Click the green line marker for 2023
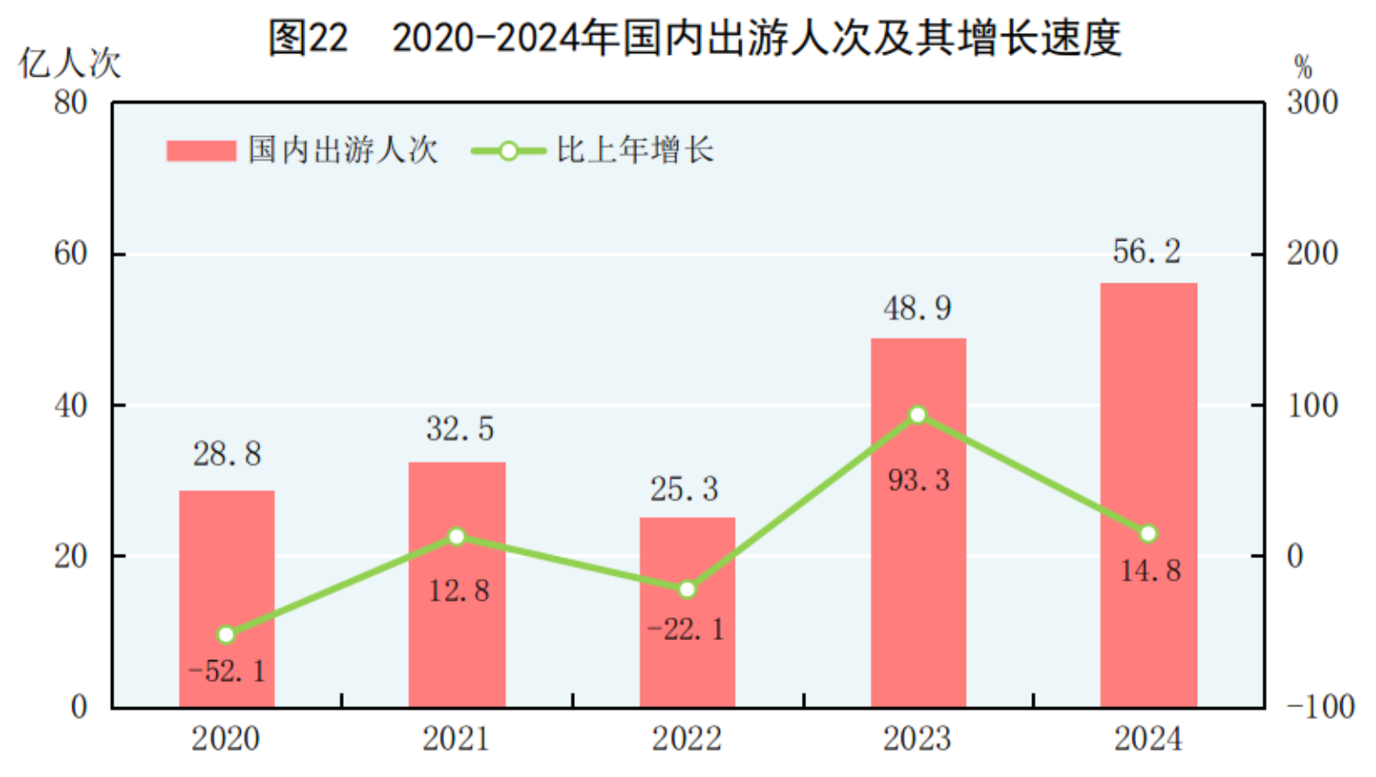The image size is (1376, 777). [x=917, y=415]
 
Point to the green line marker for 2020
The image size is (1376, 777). [x=226, y=635]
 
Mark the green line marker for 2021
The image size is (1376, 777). [x=456, y=536]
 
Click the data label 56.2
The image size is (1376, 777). [x=1147, y=252]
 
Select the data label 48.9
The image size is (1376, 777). [x=917, y=308]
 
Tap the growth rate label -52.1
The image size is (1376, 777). [x=227, y=671]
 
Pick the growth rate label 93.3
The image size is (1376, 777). [x=919, y=480]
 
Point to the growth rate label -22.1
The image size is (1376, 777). [x=686, y=629]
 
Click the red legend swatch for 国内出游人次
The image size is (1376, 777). [x=201, y=151]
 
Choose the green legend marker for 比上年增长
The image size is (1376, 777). [x=508, y=151]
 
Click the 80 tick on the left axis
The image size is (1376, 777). [x=71, y=103]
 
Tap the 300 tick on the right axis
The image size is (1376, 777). [x=1311, y=103]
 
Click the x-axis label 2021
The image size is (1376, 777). [x=456, y=739]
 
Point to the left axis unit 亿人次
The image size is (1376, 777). [x=70, y=64]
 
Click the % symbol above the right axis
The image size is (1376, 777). [x=1303, y=67]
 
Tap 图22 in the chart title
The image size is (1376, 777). [x=308, y=38]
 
